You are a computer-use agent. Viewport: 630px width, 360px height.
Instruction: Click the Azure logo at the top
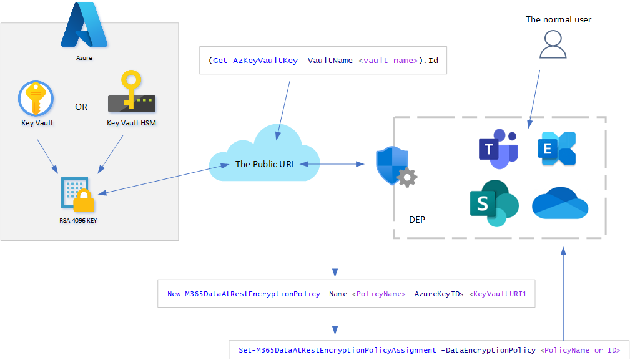point(84,26)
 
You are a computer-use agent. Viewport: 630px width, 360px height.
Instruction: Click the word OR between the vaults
point(81,107)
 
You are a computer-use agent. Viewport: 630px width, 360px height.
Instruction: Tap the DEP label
point(417,220)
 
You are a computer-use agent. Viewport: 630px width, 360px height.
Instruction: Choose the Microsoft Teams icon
point(498,150)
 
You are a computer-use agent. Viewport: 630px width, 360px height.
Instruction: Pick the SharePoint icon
point(493,203)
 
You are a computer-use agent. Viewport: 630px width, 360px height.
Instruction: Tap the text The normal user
point(558,19)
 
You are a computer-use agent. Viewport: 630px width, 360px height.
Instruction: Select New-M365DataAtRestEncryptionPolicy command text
point(245,294)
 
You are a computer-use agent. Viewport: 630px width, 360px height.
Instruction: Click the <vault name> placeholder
point(388,61)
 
